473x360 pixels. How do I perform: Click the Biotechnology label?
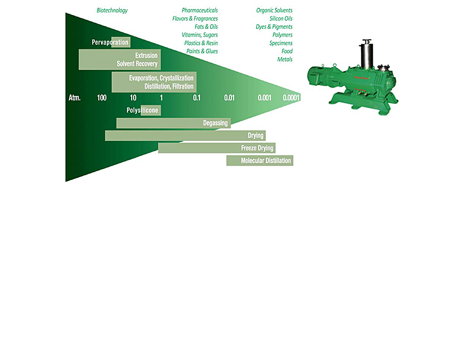(112, 10)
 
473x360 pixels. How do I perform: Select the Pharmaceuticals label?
(199, 10)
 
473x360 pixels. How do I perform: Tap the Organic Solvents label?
(274, 10)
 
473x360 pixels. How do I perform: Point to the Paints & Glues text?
(202, 51)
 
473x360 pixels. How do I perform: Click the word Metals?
(285, 60)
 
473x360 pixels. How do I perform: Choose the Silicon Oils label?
(281, 19)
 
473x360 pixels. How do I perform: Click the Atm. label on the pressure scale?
(75, 98)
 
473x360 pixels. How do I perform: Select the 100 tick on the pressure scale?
(102, 98)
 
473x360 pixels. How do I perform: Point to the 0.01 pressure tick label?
(229, 98)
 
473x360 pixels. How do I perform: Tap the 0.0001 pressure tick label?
(291, 98)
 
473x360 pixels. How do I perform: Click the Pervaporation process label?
(110, 42)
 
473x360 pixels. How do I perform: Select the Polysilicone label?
(142, 111)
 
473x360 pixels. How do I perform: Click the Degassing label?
(215, 123)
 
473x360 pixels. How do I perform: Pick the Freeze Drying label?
(257, 148)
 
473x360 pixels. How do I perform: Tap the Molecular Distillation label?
(266, 161)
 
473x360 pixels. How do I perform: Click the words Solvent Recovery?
(137, 64)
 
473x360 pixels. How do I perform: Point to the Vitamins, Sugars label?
(199, 35)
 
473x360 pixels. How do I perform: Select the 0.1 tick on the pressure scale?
(197, 98)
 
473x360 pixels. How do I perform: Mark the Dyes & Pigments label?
(274, 27)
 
